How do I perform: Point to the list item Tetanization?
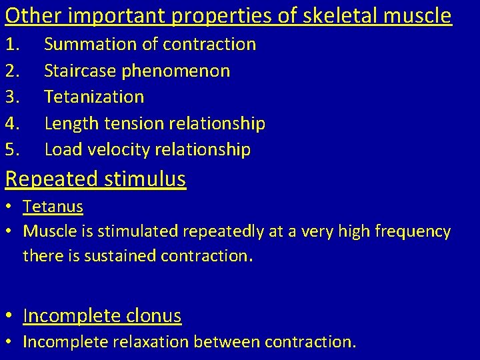(x=94, y=97)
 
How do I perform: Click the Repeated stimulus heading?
(x=95, y=179)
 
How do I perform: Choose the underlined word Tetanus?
(x=53, y=207)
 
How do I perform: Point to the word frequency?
(x=413, y=232)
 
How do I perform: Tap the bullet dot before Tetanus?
(x=11, y=207)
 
